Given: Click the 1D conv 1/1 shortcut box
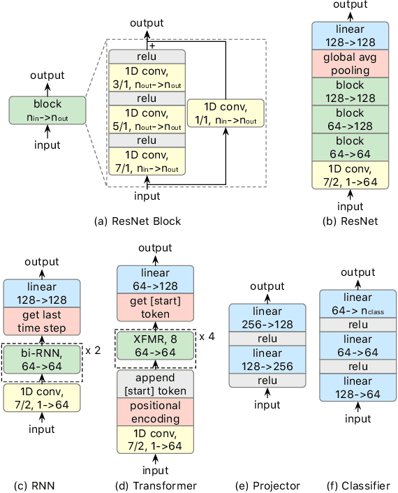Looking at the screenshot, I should coord(226,113).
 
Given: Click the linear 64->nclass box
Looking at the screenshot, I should coord(358,302).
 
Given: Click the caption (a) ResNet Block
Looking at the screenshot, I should coord(138,221).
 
